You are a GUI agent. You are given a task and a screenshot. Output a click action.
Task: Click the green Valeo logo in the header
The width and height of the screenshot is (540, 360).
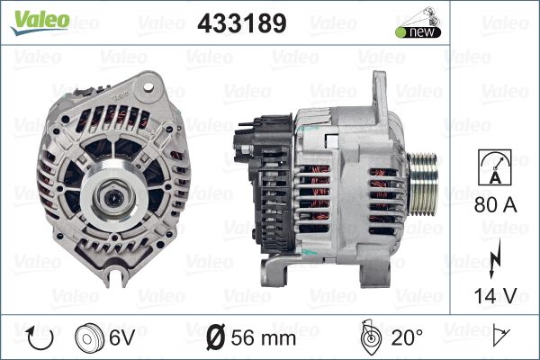click(x=40, y=22)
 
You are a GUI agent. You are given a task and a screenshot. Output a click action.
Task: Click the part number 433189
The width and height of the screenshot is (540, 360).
click(x=242, y=23)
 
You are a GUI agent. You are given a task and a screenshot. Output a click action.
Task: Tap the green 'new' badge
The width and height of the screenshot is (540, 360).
click(x=418, y=32)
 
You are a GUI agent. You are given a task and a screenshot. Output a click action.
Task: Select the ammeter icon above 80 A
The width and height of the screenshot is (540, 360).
click(x=495, y=167)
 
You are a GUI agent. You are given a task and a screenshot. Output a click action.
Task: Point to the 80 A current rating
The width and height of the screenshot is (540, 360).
click(x=495, y=205)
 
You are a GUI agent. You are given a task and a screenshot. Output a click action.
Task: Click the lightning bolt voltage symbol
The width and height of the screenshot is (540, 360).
click(x=494, y=258)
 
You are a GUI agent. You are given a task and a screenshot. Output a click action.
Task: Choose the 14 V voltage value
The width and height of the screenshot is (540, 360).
click(x=495, y=295)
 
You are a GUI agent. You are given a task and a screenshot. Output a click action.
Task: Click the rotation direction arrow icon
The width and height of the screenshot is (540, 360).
click(x=40, y=338)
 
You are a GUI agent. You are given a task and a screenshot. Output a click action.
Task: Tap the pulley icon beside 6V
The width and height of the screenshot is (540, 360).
click(x=89, y=338)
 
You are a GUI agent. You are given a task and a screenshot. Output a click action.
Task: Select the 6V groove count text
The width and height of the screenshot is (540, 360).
click(x=121, y=338)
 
